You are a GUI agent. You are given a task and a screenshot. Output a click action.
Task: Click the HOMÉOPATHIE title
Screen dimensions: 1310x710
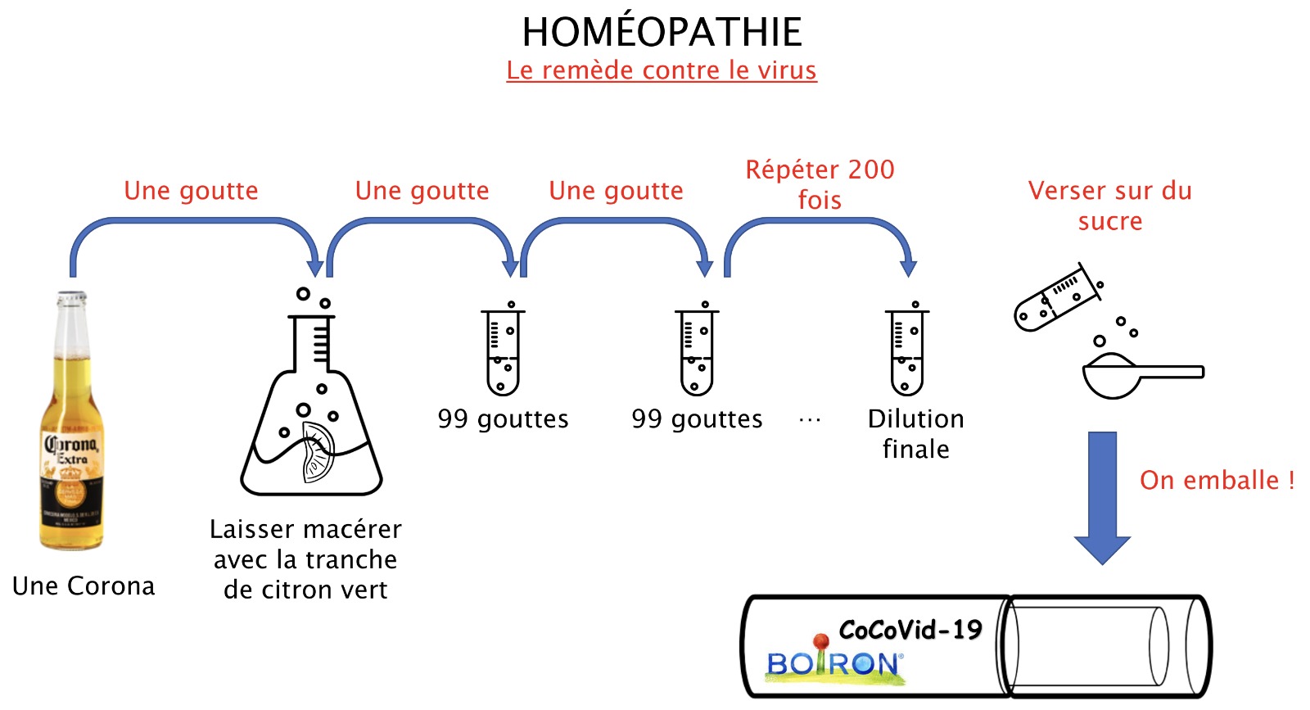(662, 32)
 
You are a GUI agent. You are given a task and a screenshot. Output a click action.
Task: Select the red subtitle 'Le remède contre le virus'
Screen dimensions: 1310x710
(662, 70)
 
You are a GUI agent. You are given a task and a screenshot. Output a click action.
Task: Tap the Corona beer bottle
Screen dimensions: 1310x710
(71, 420)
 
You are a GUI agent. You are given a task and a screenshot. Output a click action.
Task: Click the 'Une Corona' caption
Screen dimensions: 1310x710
(84, 586)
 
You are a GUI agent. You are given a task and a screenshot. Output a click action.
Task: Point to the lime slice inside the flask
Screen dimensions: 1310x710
(318, 451)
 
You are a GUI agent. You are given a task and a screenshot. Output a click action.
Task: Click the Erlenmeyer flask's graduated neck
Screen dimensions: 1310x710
(312, 344)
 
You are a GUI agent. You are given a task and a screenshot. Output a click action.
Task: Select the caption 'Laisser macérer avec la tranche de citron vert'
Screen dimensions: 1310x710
(305, 559)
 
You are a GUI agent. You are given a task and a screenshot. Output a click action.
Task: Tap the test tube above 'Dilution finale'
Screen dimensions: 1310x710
(907, 349)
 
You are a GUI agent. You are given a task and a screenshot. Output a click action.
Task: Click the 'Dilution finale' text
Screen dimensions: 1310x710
(916, 434)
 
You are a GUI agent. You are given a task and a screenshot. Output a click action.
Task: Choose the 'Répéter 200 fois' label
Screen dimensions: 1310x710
(820, 184)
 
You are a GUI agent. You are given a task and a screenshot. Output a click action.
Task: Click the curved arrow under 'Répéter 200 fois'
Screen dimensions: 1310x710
(819, 220)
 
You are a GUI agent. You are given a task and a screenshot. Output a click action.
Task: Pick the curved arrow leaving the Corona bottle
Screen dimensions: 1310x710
(193, 220)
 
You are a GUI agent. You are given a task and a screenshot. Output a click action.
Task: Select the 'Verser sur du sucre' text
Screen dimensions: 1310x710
(1110, 206)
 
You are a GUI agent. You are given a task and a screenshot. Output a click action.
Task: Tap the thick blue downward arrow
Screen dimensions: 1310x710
(1102, 498)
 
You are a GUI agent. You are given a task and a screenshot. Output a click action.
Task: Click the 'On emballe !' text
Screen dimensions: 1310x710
(1217, 480)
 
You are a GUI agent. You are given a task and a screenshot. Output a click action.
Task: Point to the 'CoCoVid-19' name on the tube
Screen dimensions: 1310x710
(910, 630)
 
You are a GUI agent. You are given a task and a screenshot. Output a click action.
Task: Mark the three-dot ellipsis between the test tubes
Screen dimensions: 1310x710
(810, 420)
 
